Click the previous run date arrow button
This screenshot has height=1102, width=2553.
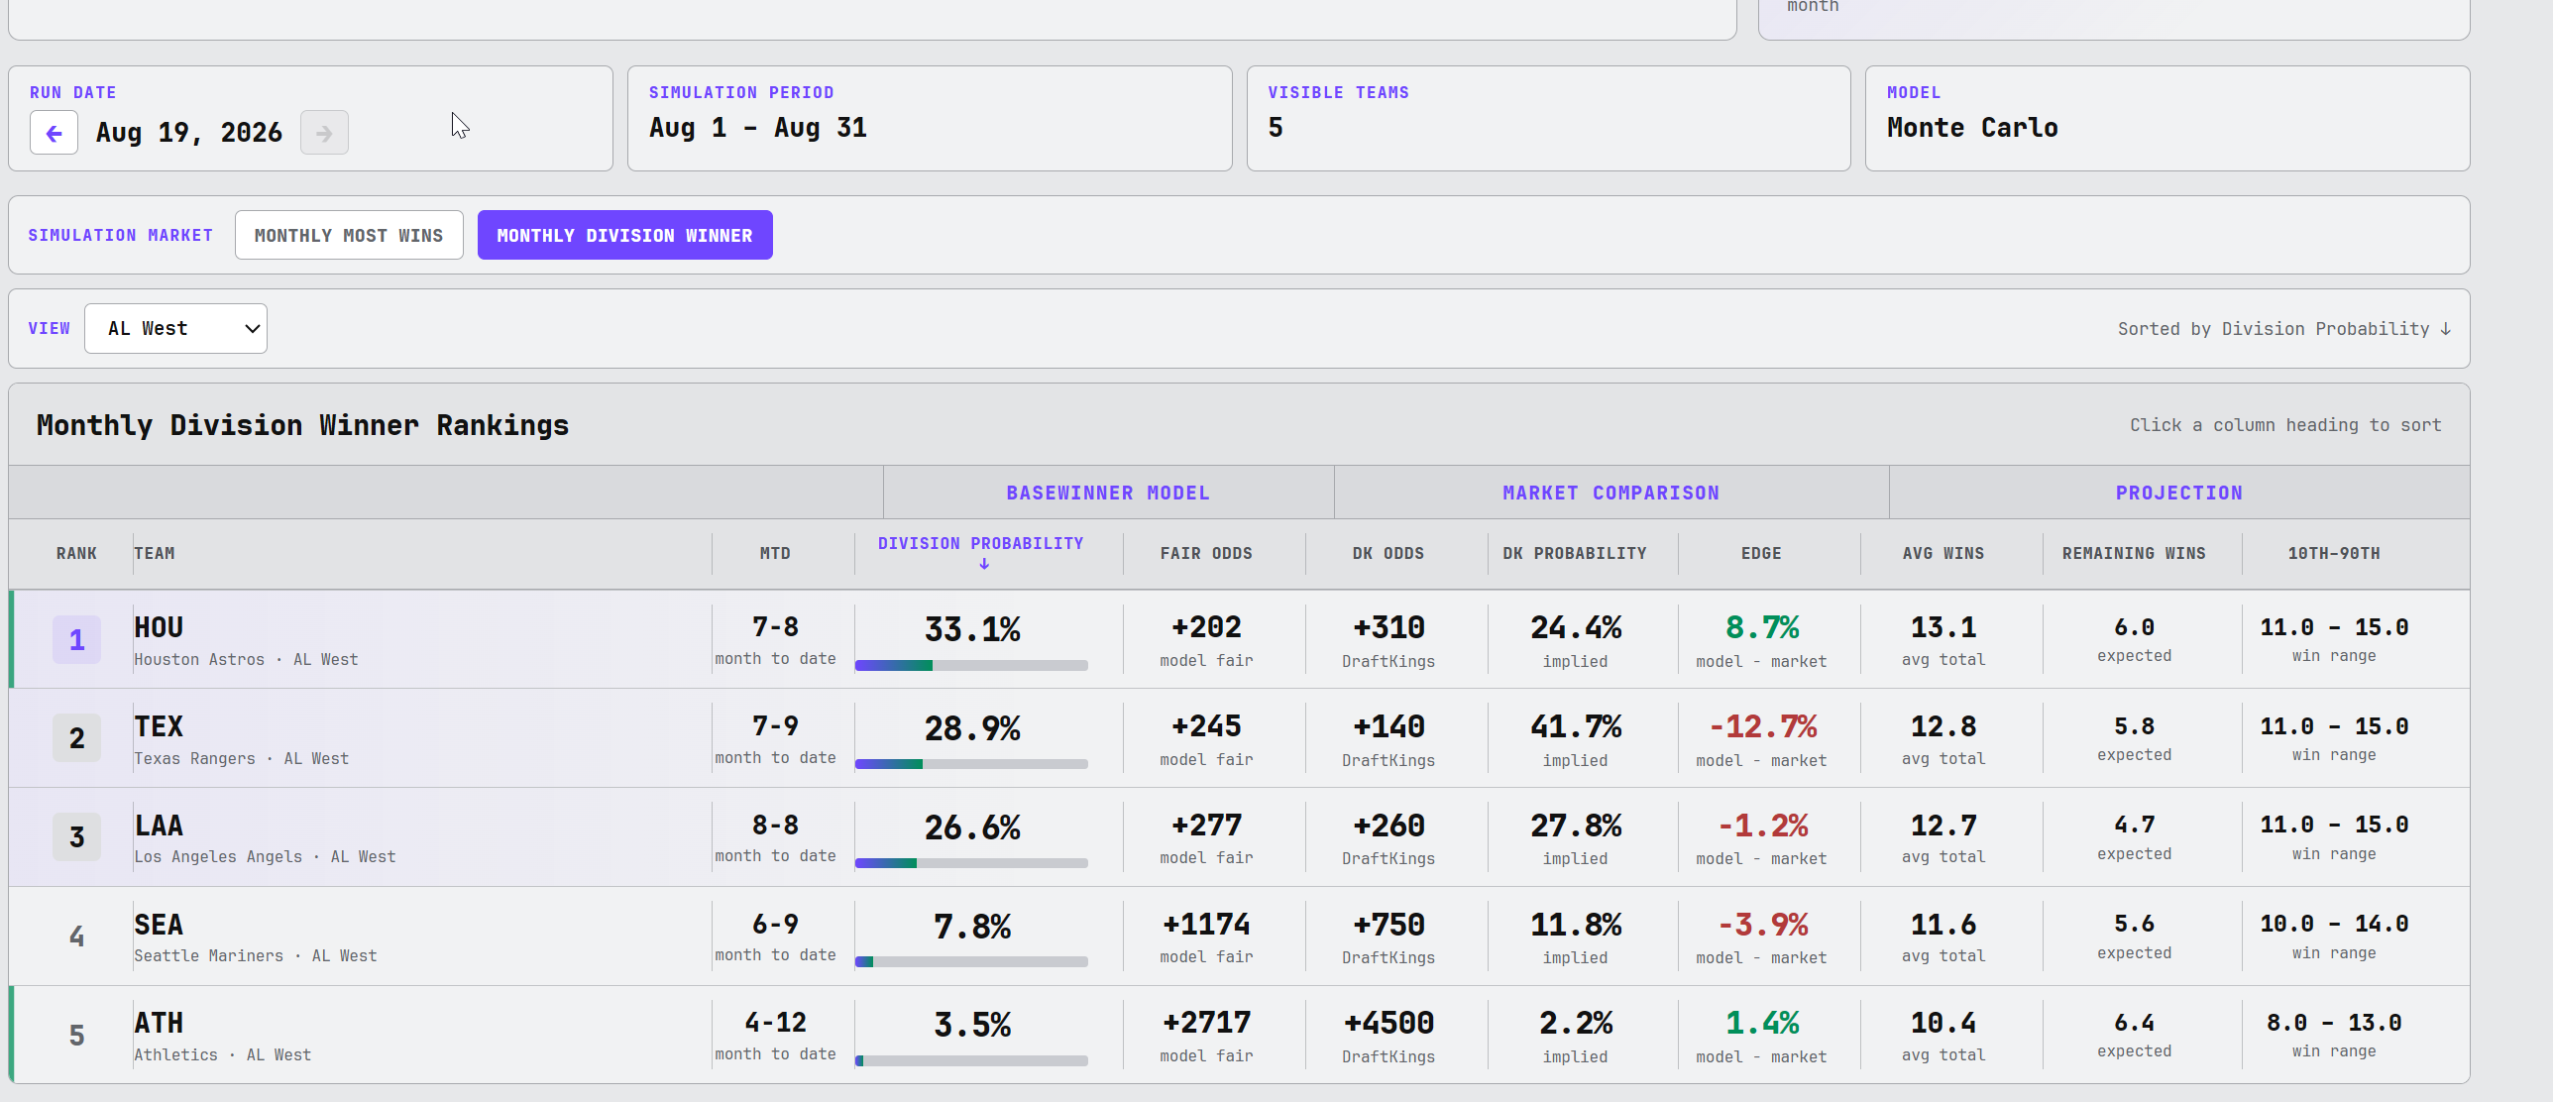click(55, 133)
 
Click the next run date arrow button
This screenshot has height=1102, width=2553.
click(324, 133)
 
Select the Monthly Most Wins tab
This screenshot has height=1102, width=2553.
click(349, 235)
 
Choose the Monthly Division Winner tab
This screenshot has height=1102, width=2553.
click(624, 235)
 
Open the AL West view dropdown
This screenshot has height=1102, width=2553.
click(175, 328)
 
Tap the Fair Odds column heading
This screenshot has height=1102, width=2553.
click(1206, 553)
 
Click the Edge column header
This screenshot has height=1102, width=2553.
click(1761, 553)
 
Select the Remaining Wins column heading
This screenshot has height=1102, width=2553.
click(2134, 553)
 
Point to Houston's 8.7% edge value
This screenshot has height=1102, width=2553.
click(1761, 627)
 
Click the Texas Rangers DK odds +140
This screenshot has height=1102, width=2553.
click(1388, 726)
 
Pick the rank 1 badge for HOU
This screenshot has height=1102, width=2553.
click(76, 639)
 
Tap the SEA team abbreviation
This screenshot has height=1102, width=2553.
click(159, 925)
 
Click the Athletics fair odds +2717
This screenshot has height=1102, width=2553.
click(1206, 1023)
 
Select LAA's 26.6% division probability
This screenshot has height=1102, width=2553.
click(972, 827)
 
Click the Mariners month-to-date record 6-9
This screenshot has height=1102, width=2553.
click(775, 924)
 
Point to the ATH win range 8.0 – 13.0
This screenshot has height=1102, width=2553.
click(2334, 1022)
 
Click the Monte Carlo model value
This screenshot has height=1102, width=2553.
click(1972, 128)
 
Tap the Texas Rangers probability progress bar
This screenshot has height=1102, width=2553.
click(971, 764)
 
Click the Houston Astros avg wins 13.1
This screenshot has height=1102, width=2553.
click(1943, 627)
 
